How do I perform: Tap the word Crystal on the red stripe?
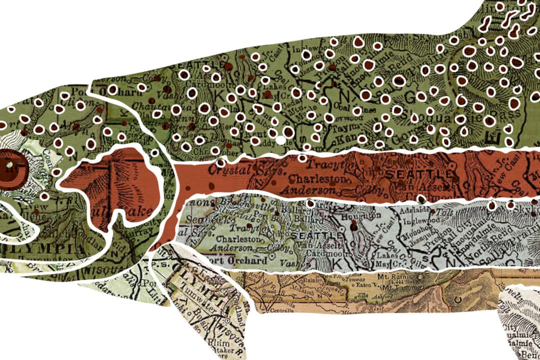[x=223, y=169]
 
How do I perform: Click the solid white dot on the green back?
[x=281, y=140]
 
